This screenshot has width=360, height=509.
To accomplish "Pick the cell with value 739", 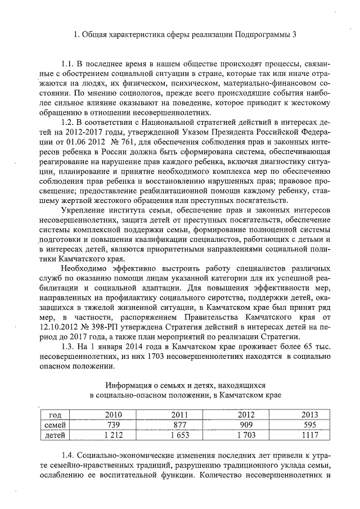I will coord(114,425).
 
